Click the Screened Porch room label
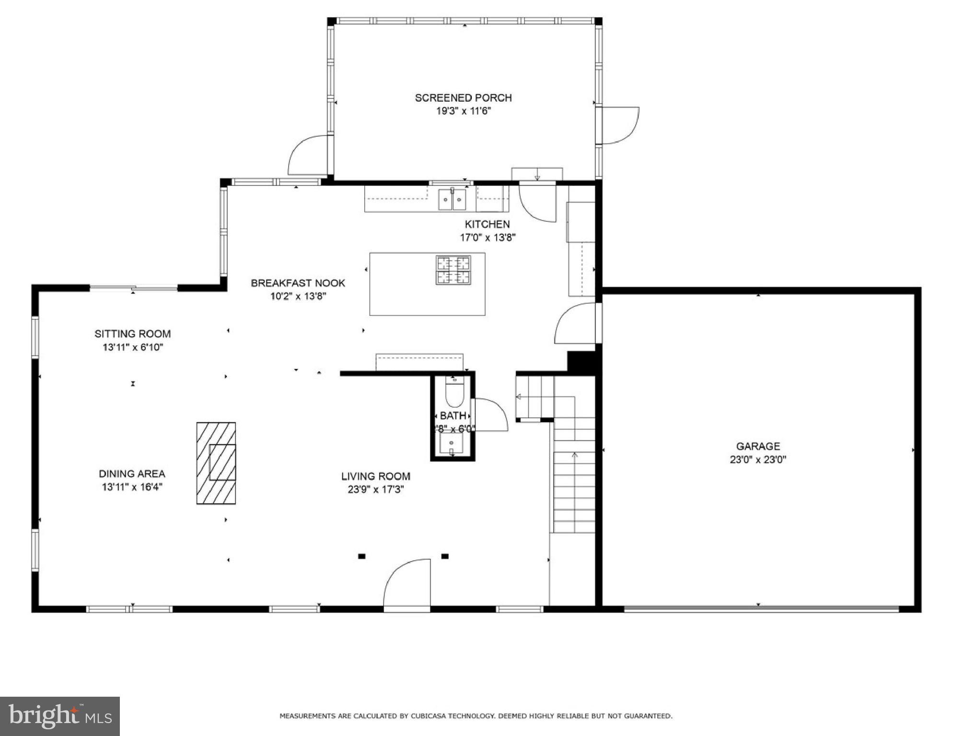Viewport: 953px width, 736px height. point(463,98)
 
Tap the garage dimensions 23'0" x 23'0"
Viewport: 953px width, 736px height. point(758,460)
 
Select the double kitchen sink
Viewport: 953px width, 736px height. point(452,199)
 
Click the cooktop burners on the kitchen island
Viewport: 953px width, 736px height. point(453,270)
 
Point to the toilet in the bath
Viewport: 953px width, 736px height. point(454,392)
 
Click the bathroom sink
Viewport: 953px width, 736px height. point(452,444)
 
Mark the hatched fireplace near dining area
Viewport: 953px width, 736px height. point(216,463)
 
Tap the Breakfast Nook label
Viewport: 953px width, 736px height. point(298,283)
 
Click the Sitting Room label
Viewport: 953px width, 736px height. point(132,333)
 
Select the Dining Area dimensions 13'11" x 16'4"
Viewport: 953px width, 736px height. point(132,487)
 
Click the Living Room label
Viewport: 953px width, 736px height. point(375,476)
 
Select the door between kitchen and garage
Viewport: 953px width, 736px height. point(575,324)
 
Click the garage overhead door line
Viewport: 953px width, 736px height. point(761,609)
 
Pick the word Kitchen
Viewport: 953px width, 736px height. point(487,224)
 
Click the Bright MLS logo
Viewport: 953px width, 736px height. point(60,716)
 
